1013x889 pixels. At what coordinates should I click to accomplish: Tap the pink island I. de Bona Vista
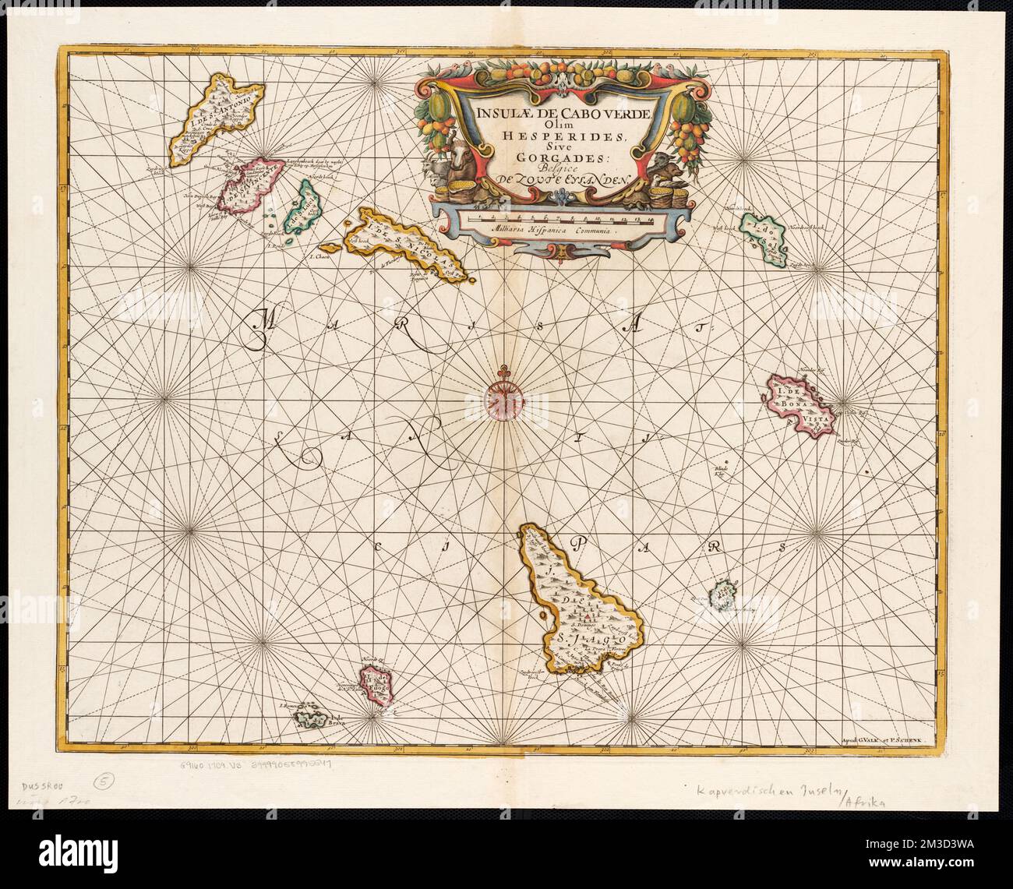(800, 403)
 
